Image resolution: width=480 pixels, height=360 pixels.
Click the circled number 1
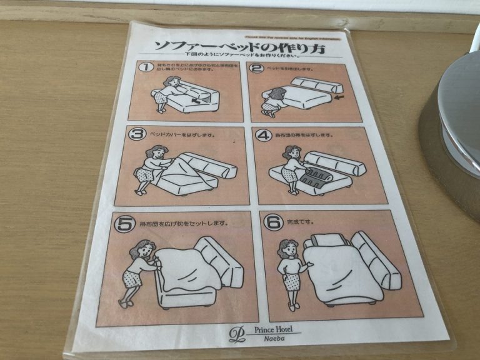146,66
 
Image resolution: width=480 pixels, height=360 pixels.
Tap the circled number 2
257,68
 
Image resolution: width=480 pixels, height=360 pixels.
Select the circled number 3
136,133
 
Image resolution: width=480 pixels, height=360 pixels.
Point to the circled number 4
264,134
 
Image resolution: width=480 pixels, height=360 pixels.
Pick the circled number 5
124,221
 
